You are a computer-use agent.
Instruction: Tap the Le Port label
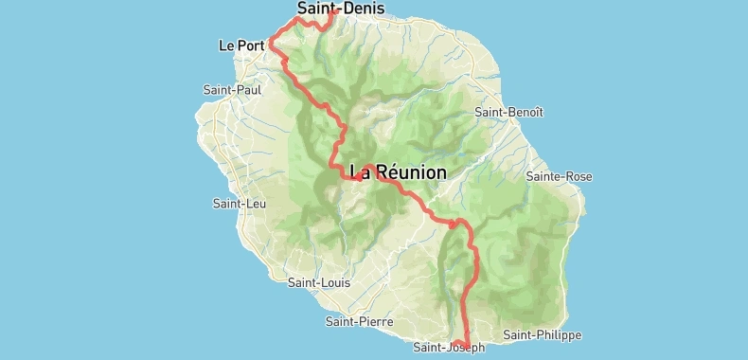click(x=240, y=45)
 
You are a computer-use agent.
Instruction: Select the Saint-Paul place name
click(x=232, y=90)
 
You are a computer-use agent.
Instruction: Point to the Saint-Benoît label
click(x=508, y=112)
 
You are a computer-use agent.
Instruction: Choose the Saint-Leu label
click(x=239, y=204)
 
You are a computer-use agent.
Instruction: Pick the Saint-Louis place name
click(x=318, y=282)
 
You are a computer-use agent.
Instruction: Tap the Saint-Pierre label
click(x=358, y=321)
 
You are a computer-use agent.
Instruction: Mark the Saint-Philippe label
click(x=542, y=335)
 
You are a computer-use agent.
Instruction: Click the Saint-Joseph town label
click(x=448, y=348)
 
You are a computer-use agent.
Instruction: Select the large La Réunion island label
click(x=398, y=172)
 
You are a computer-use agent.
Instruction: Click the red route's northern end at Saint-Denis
click(x=334, y=13)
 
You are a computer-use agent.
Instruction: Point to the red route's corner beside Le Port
click(x=272, y=42)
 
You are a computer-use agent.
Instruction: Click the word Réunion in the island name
click(x=411, y=172)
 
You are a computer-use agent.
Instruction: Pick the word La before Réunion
click(x=359, y=172)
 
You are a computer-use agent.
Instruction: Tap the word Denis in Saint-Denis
click(x=352, y=9)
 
